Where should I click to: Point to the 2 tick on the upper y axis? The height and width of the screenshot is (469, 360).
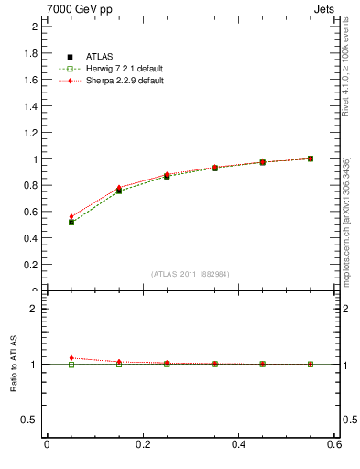[x=34, y=27]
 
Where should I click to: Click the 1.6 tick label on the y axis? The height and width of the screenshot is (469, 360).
[x=30, y=80]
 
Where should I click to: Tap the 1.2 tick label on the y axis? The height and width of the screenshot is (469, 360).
[x=30, y=133]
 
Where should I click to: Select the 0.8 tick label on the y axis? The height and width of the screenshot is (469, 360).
[x=30, y=186]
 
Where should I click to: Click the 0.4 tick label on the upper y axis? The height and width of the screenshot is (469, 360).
[x=30, y=239]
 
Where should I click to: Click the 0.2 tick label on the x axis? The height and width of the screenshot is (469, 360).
[x=142, y=444]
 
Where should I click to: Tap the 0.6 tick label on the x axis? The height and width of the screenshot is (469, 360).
[x=334, y=444]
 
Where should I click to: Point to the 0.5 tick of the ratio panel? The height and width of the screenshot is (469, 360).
[x=30, y=420]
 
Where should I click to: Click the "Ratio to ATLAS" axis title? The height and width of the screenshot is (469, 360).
[x=14, y=365]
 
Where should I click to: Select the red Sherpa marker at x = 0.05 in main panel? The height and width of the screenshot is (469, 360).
[x=71, y=217]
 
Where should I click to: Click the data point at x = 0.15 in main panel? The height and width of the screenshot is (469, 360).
[x=119, y=190]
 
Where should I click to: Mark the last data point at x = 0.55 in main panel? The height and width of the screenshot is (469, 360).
[x=311, y=158]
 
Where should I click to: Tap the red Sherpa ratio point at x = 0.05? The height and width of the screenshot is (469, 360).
[x=71, y=358]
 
